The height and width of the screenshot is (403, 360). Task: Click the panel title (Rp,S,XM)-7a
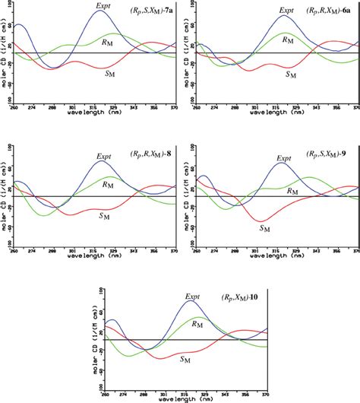[x=147, y=11]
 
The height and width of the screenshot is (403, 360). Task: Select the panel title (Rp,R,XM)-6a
[x=328, y=11]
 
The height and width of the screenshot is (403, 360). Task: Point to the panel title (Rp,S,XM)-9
[x=328, y=154]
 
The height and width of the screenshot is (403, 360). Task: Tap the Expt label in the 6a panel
[x=284, y=11]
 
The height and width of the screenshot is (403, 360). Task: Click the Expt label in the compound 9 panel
[x=283, y=158]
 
